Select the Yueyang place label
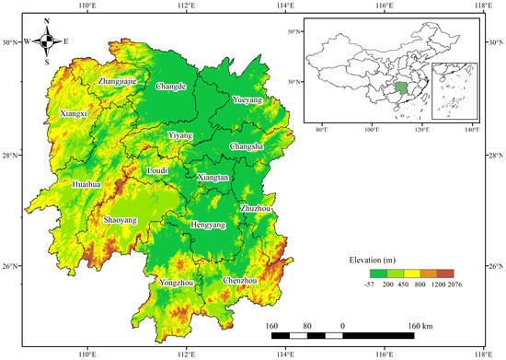click(x=247, y=99)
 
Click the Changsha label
click(x=246, y=145)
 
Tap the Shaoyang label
click(x=121, y=220)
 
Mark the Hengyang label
click(x=207, y=225)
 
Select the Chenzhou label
click(x=241, y=280)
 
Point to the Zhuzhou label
click(x=255, y=209)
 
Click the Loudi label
click(x=159, y=170)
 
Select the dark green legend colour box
click(x=378, y=273)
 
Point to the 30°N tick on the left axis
click(x=10, y=42)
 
